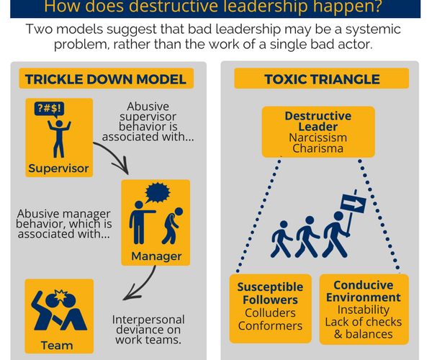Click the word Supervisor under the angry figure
click(x=59, y=169)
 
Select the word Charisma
click(x=318, y=148)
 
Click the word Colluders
click(x=270, y=312)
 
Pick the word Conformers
click(x=270, y=325)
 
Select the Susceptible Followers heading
click(x=270, y=293)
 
